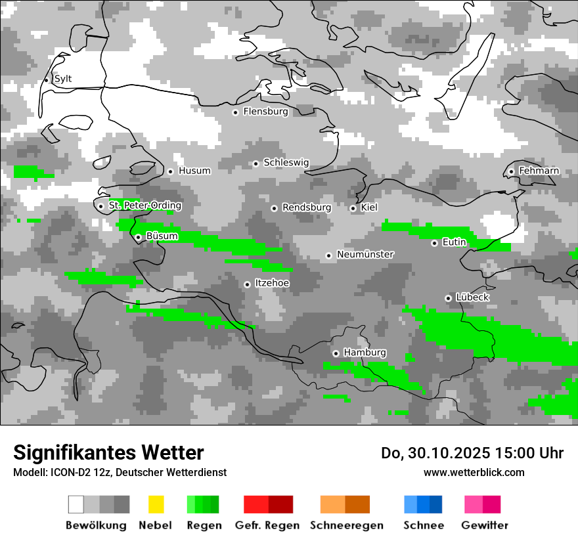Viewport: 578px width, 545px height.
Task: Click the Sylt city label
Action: [63, 79]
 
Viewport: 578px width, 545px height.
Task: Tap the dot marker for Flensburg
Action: [235, 112]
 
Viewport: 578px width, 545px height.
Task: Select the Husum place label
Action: [194, 171]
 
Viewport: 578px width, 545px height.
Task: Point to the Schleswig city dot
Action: [256, 163]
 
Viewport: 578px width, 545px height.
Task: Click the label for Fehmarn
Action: [539, 171]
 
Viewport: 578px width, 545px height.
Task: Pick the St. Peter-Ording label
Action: [144, 206]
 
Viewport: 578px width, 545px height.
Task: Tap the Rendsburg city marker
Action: [274, 208]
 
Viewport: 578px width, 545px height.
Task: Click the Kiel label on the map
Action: [369, 207]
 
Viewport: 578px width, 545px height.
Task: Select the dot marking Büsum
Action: [138, 237]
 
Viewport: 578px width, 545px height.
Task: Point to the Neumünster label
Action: [365, 254]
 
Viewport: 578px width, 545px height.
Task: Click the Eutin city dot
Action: [434, 243]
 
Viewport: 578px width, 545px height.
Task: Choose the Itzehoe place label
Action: [271, 284]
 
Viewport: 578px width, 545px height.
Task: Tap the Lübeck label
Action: [472, 297]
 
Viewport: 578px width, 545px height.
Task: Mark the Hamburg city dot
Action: [336, 353]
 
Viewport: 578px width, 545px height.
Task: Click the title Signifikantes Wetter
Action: [108, 453]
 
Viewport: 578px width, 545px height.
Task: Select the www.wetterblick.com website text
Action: [474, 472]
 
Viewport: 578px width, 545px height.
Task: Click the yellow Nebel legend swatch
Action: [156, 504]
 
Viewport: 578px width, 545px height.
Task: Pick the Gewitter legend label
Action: [485, 525]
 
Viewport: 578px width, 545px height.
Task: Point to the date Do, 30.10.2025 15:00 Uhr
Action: [472, 453]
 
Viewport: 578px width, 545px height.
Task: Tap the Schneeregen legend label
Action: [347, 525]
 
